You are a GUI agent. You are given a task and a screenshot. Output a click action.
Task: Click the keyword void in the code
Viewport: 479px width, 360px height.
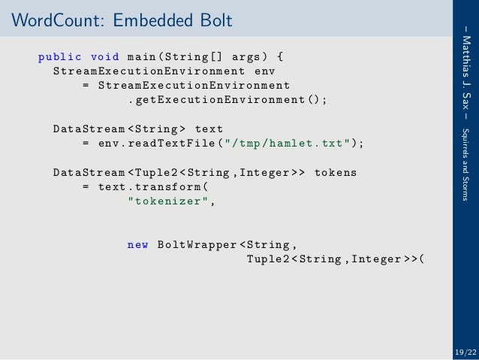click(x=104, y=56)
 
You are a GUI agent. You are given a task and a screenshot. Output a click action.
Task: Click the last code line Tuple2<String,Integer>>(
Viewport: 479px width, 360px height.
click(x=335, y=260)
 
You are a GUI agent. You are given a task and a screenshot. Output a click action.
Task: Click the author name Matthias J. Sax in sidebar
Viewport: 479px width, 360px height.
click(x=466, y=74)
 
